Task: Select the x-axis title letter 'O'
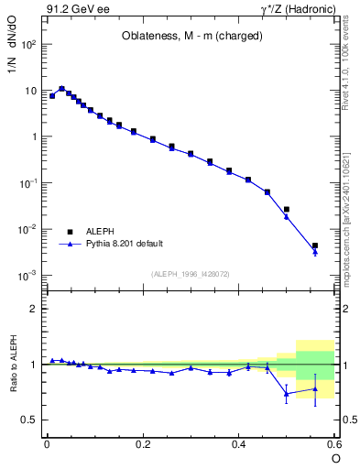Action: pyautogui.click(x=335, y=458)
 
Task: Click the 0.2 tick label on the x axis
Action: pyautogui.click(x=142, y=443)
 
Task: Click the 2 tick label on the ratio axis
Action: pyautogui.click(x=33, y=309)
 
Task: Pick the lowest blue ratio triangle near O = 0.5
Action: pyautogui.click(x=286, y=394)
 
